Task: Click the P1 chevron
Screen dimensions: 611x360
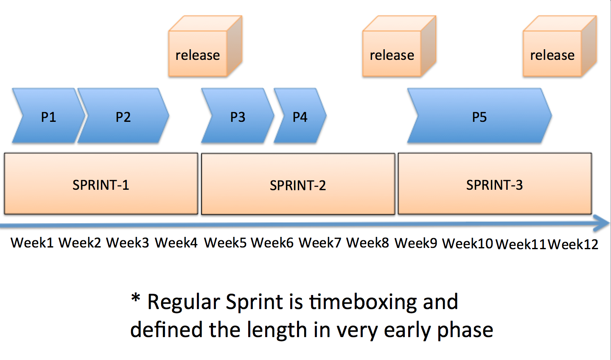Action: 48,115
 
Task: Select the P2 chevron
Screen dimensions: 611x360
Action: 123,115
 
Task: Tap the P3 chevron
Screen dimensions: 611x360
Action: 238,115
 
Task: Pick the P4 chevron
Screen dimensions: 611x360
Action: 300,115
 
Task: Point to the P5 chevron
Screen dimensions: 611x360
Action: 479,115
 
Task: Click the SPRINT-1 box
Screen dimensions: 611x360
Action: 101,184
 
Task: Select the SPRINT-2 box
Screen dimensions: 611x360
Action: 298,184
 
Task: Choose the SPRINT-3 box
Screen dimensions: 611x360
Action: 495,184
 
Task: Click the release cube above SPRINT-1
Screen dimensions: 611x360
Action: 205,46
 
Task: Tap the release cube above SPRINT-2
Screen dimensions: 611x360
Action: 399,46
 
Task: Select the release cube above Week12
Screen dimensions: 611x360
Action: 560,46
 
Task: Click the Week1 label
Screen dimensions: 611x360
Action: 32,243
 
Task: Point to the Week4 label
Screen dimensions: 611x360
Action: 176,243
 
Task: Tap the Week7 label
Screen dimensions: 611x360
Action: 320,243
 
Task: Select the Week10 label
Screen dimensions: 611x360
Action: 468,243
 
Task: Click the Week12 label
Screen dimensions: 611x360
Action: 573,244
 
